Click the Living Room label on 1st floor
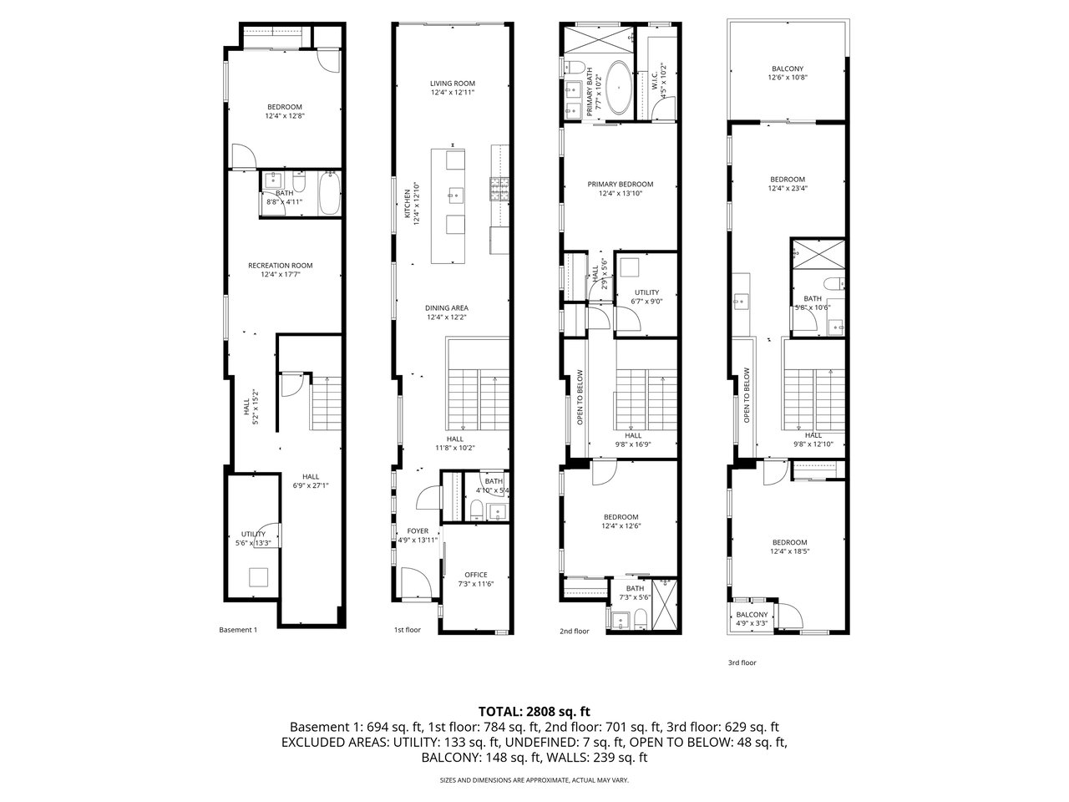452,88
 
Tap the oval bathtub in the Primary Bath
619,87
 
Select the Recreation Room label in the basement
280,270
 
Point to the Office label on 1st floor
475,579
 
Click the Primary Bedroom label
620,189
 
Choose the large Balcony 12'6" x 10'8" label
787,73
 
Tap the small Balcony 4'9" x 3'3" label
752,618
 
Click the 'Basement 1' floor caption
237,630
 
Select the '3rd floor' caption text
742,662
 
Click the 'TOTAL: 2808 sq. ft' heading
534,712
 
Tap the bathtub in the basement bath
327,195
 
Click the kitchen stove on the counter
499,190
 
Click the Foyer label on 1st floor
418,535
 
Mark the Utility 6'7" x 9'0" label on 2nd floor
646,297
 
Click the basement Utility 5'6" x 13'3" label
253,538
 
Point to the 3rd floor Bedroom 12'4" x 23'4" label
787,184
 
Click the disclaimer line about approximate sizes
534,780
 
